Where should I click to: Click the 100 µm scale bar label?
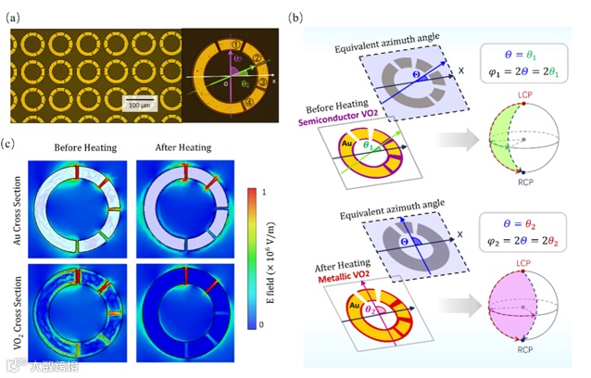pyautogui.click(x=135, y=106)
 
